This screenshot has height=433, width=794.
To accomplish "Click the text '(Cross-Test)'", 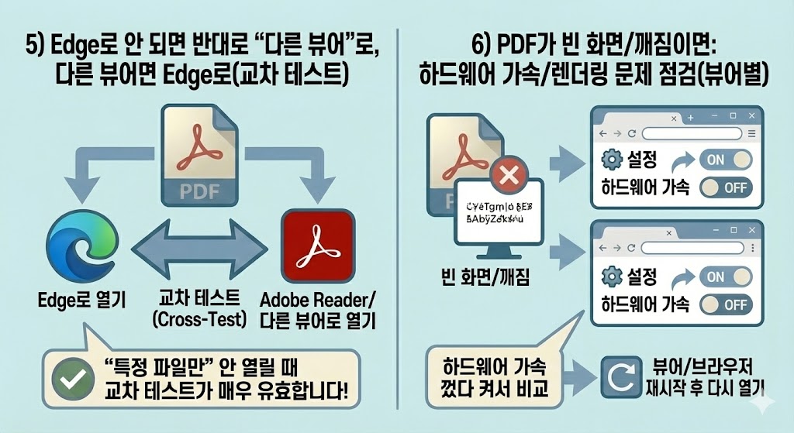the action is pyautogui.click(x=198, y=319).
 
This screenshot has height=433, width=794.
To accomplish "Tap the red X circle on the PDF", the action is pyautogui.click(x=509, y=177).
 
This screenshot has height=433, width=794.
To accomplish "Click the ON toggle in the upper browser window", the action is pyautogui.click(x=725, y=160).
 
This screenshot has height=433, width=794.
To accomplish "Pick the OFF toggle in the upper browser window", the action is pyautogui.click(x=725, y=187).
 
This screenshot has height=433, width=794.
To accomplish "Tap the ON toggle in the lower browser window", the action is pyautogui.click(x=725, y=277).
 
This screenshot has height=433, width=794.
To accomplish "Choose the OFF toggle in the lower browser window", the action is pyautogui.click(x=725, y=304).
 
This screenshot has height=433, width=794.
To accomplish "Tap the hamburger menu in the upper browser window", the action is pyautogui.click(x=751, y=135).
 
